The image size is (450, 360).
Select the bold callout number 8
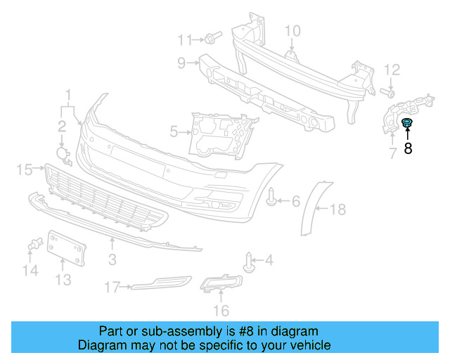click(408, 148)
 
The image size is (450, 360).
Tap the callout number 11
click(185, 39)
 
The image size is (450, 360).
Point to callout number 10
click(292, 30)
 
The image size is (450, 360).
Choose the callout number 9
click(181, 63)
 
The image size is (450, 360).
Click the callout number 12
click(392, 69)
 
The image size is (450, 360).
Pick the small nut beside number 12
click(386, 92)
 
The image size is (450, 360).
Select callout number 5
click(174, 130)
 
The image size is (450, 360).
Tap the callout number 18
click(338, 209)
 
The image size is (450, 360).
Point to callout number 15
click(25, 169)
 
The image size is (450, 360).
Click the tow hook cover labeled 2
click(63, 155)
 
